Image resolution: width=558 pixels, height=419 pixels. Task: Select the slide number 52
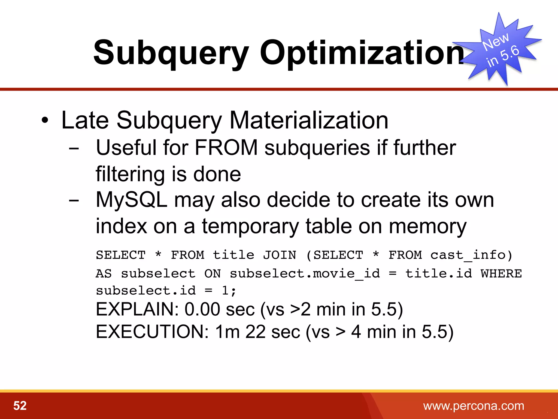coord(20,406)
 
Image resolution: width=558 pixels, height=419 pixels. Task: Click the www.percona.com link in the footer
coord(474,406)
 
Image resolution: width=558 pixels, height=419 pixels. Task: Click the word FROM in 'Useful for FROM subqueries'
coord(226,148)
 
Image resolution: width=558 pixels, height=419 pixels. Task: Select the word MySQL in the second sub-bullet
coord(131,200)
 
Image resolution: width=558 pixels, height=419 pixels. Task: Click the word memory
coord(427,226)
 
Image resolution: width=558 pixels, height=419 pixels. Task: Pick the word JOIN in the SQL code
coord(279,255)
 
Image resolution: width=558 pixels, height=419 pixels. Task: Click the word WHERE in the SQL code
coord(501,274)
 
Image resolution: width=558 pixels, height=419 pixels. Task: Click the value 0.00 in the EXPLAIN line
coord(202,309)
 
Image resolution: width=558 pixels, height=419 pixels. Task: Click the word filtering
coord(130,174)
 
